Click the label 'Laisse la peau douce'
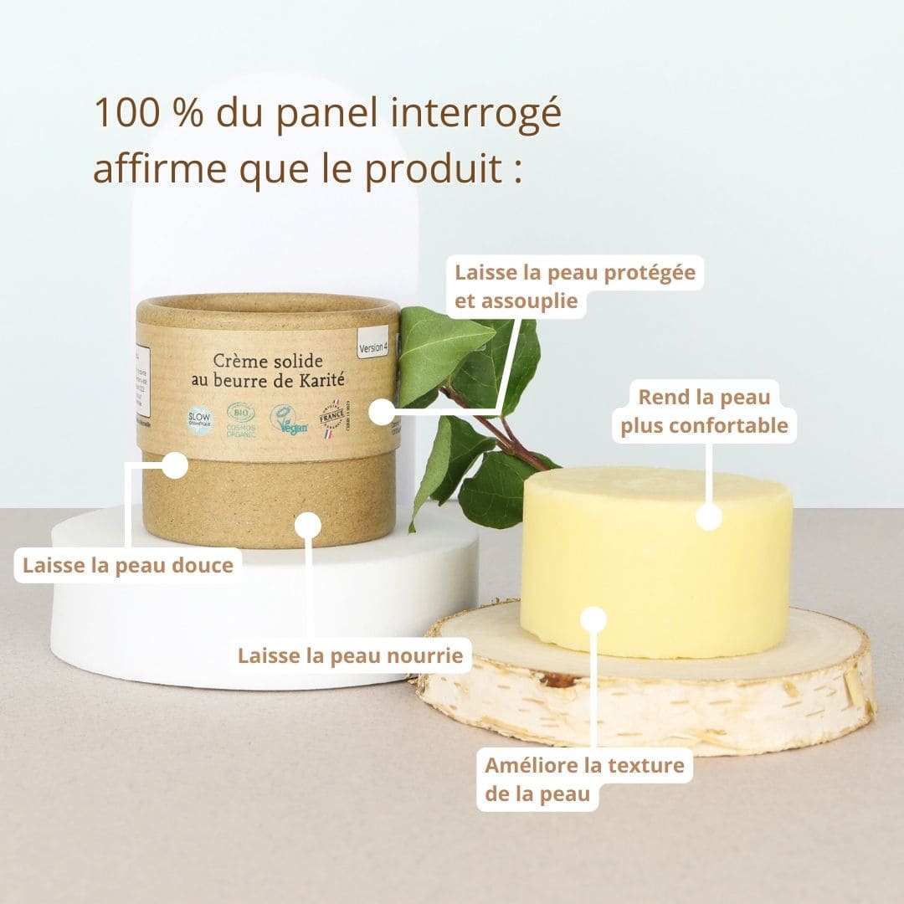127,565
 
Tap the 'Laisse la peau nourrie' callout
350,655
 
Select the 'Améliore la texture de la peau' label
584,779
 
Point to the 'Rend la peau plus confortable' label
703,410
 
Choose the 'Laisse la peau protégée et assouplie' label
574,286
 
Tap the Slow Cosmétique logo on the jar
198,419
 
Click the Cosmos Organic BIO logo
241,419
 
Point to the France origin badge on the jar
332,417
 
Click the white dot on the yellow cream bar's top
709,517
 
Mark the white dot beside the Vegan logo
382,411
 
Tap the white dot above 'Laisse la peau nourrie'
308,525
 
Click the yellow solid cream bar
656,569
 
